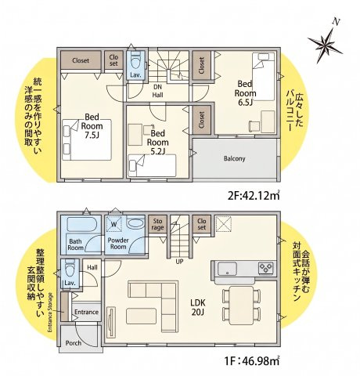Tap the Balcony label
[x=235, y=158]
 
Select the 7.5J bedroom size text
[x=92, y=136]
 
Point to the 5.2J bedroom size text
[x=157, y=151]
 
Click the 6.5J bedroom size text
[x=245, y=103]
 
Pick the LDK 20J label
[x=198, y=307]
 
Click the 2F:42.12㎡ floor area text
[x=254, y=195]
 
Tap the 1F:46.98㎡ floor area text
[x=252, y=361]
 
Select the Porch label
[x=74, y=343]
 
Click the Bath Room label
[x=76, y=244]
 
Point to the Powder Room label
[x=118, y=244]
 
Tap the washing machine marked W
[x=113, y=224]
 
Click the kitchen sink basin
[x=227, y=269]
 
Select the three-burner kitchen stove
[x=266, y=268]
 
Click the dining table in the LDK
[x=241, y=305]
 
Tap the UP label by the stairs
[x=179, y=262]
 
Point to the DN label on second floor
[x=157, y=87]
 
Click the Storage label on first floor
[x=157, y=224]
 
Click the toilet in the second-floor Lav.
[x=137, y=60]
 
